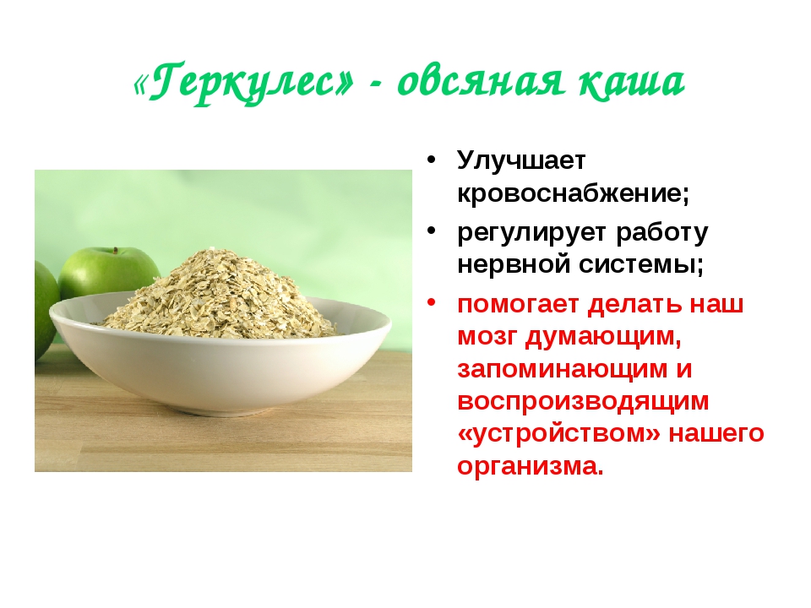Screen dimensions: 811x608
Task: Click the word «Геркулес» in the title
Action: tap(244, 82)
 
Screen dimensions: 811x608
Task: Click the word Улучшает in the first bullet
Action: tap(521, 160)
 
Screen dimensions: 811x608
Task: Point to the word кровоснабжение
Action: tap(573, 193)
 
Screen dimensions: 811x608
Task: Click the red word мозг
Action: tap(487, 337)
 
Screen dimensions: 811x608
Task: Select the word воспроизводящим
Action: tap(583, 402)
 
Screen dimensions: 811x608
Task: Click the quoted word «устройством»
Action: tap(559, 434)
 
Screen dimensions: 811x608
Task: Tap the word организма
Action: tap(531, 466)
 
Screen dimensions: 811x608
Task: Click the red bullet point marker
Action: tap(432, 301)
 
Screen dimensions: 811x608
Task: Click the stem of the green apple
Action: tap(117, 252)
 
